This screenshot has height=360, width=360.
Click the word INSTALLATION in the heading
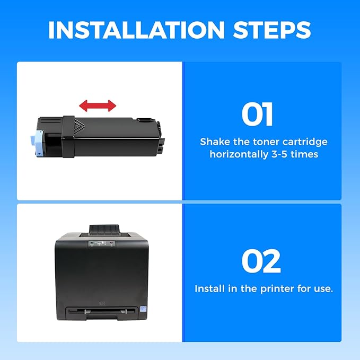(x=136, y=30)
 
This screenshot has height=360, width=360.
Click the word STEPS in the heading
(x=272, y=30)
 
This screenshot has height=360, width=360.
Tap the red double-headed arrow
(x=98, y=106)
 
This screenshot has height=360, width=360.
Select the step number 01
(x=257, y=115)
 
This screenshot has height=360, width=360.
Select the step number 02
(x=261, y=261)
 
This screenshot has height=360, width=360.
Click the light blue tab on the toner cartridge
(x=37, y=143)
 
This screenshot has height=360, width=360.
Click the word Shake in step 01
(x=215, y=142)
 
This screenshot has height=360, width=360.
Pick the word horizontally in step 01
(x=239, y=154)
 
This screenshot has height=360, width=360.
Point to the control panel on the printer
(x=102, y=244)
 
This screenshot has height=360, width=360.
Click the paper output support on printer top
(x=104, y=229)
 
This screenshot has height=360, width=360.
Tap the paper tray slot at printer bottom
(x=101, y=311)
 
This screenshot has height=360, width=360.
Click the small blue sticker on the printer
(x=144, y=309)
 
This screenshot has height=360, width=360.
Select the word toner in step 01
(x=266, y=142)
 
